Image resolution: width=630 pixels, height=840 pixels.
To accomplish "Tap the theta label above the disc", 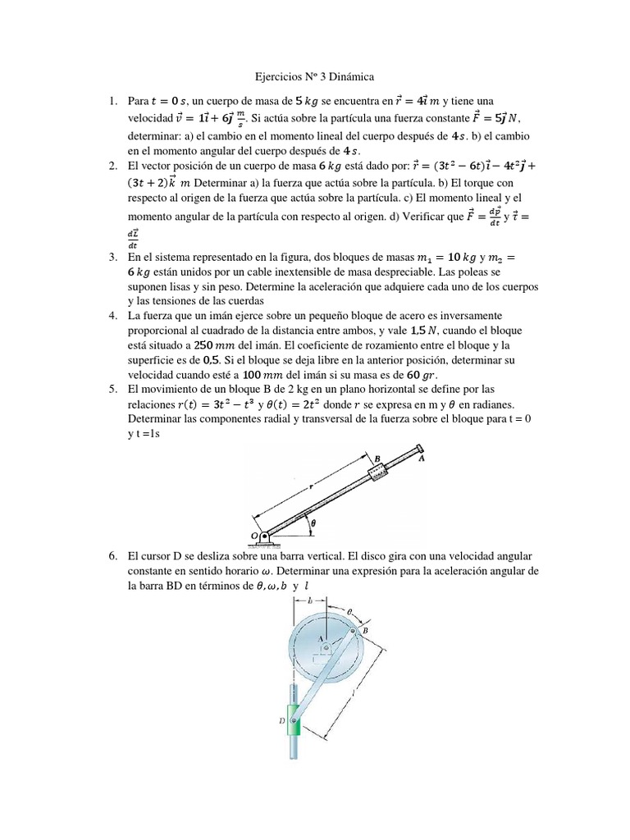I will tap(349, 612).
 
